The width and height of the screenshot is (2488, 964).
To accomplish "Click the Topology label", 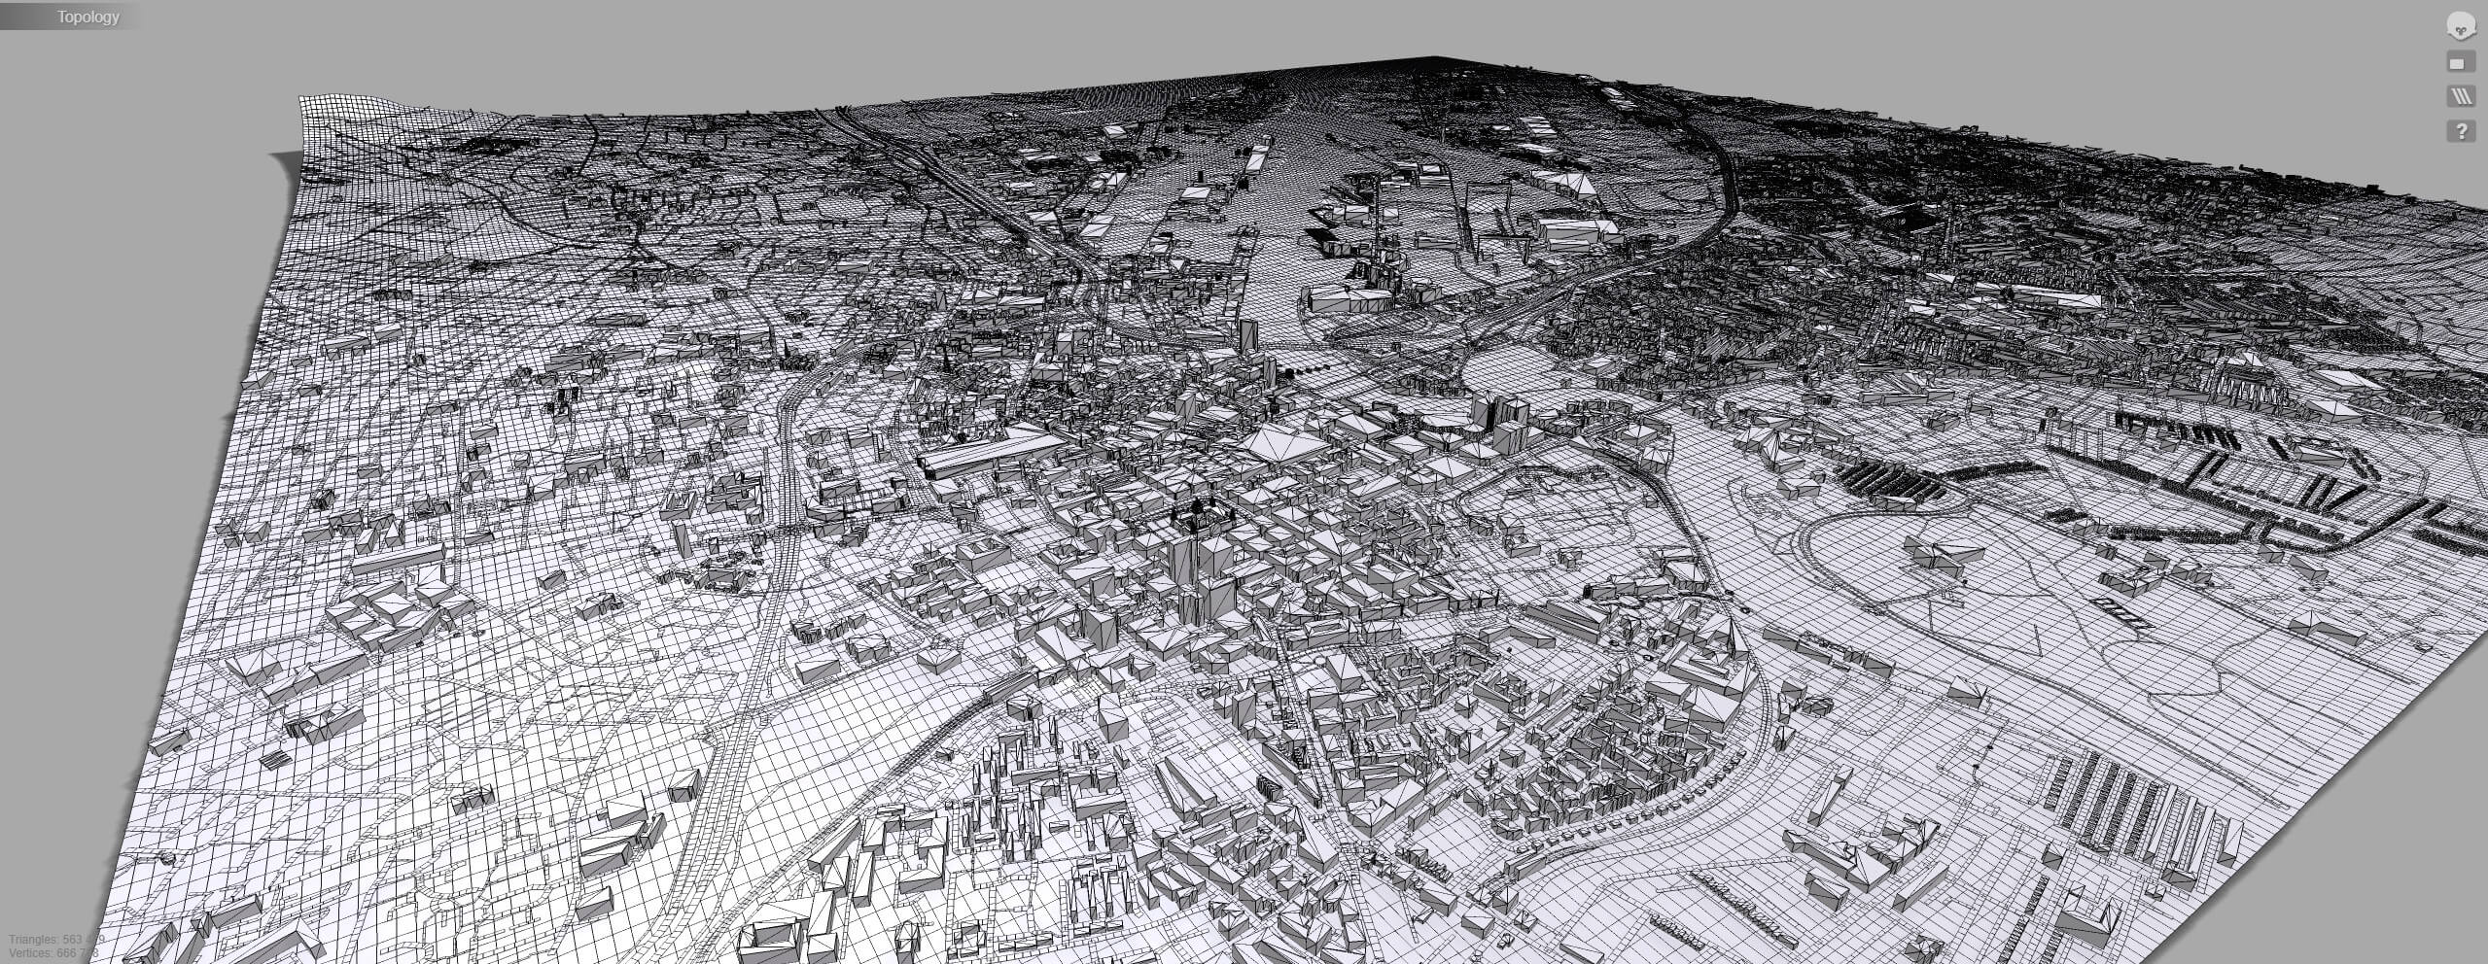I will point(88,17).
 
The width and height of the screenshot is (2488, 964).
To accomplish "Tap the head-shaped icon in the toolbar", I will point(2461,26).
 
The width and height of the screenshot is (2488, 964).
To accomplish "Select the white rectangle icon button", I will point(2460,63).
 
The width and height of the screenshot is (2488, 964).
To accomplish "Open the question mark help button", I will point(2461,130).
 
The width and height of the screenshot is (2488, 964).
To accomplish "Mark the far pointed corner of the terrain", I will point(1437,58).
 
